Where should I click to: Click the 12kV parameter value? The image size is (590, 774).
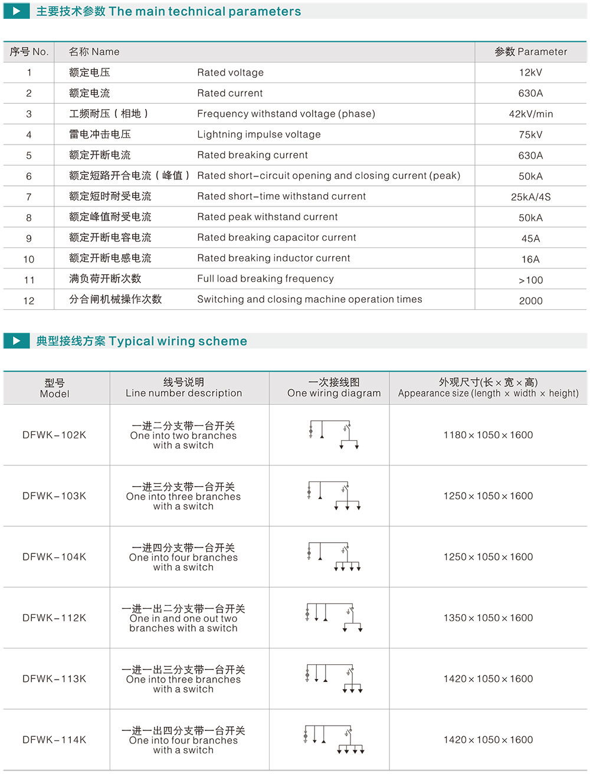pyautogui.click(x=530, y=73)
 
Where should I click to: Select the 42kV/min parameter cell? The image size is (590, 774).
pyautogui.click(x=530, y=114)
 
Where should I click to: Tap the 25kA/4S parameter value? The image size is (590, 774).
pyautogui.click(x=530, y=197)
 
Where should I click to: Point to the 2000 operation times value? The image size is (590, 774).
pyautogui.click(x=530, y=301)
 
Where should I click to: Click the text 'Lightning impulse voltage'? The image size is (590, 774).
pyautogui.click(x=258, y=135)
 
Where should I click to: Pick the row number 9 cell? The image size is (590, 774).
pyautogui.click(x=28, y=238)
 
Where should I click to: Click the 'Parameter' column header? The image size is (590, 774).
pyautogui.click(x=530, y=52)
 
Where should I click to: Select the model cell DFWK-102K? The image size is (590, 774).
pyautogui.click(x=54, y=435)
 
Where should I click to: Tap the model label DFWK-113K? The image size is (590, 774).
pyautogui.click(x=54, y=679)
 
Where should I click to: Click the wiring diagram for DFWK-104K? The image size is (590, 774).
pyautogui.click(x=334, y=557)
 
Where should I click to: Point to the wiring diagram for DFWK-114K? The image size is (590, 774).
pyautogui.click(x=334, y=740)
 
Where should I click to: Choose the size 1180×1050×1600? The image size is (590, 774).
pyautogui.click(x=488, y=435)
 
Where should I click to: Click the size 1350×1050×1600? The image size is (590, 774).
pyautogui.click(x=488, y=618)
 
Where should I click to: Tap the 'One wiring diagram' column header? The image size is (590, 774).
pyautogui.click(x=334, y=388)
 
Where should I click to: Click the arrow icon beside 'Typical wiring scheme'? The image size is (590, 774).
pyautogui.click(x=17, y=340)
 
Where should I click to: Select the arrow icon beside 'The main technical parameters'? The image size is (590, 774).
pyautogui.click(x=17, y=11)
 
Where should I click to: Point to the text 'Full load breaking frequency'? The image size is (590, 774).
pyautogui.click(x=265, y=279)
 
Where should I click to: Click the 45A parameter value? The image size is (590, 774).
pyautogui.click(x=530, y=238)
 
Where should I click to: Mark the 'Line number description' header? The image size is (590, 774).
pyautogui.click(x=183, y=388)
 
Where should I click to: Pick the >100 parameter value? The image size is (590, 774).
pyautogui.click(x=530, y=280)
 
